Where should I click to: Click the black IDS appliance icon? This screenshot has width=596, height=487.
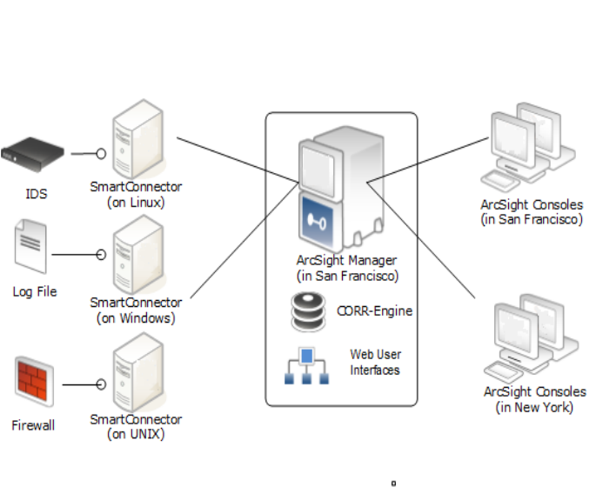click(x=33, y=153)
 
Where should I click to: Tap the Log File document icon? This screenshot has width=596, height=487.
click(x=31, y=246)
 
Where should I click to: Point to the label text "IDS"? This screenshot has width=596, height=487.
click(x=36, y=194)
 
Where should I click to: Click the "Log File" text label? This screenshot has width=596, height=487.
click(x=35, y=292)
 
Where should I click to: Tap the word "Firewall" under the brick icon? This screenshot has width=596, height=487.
click(x=34, y=426)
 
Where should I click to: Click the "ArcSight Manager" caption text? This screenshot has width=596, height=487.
click(x=346, y=261)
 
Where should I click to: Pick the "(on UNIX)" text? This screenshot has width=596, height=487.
click(x=136, y=435)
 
